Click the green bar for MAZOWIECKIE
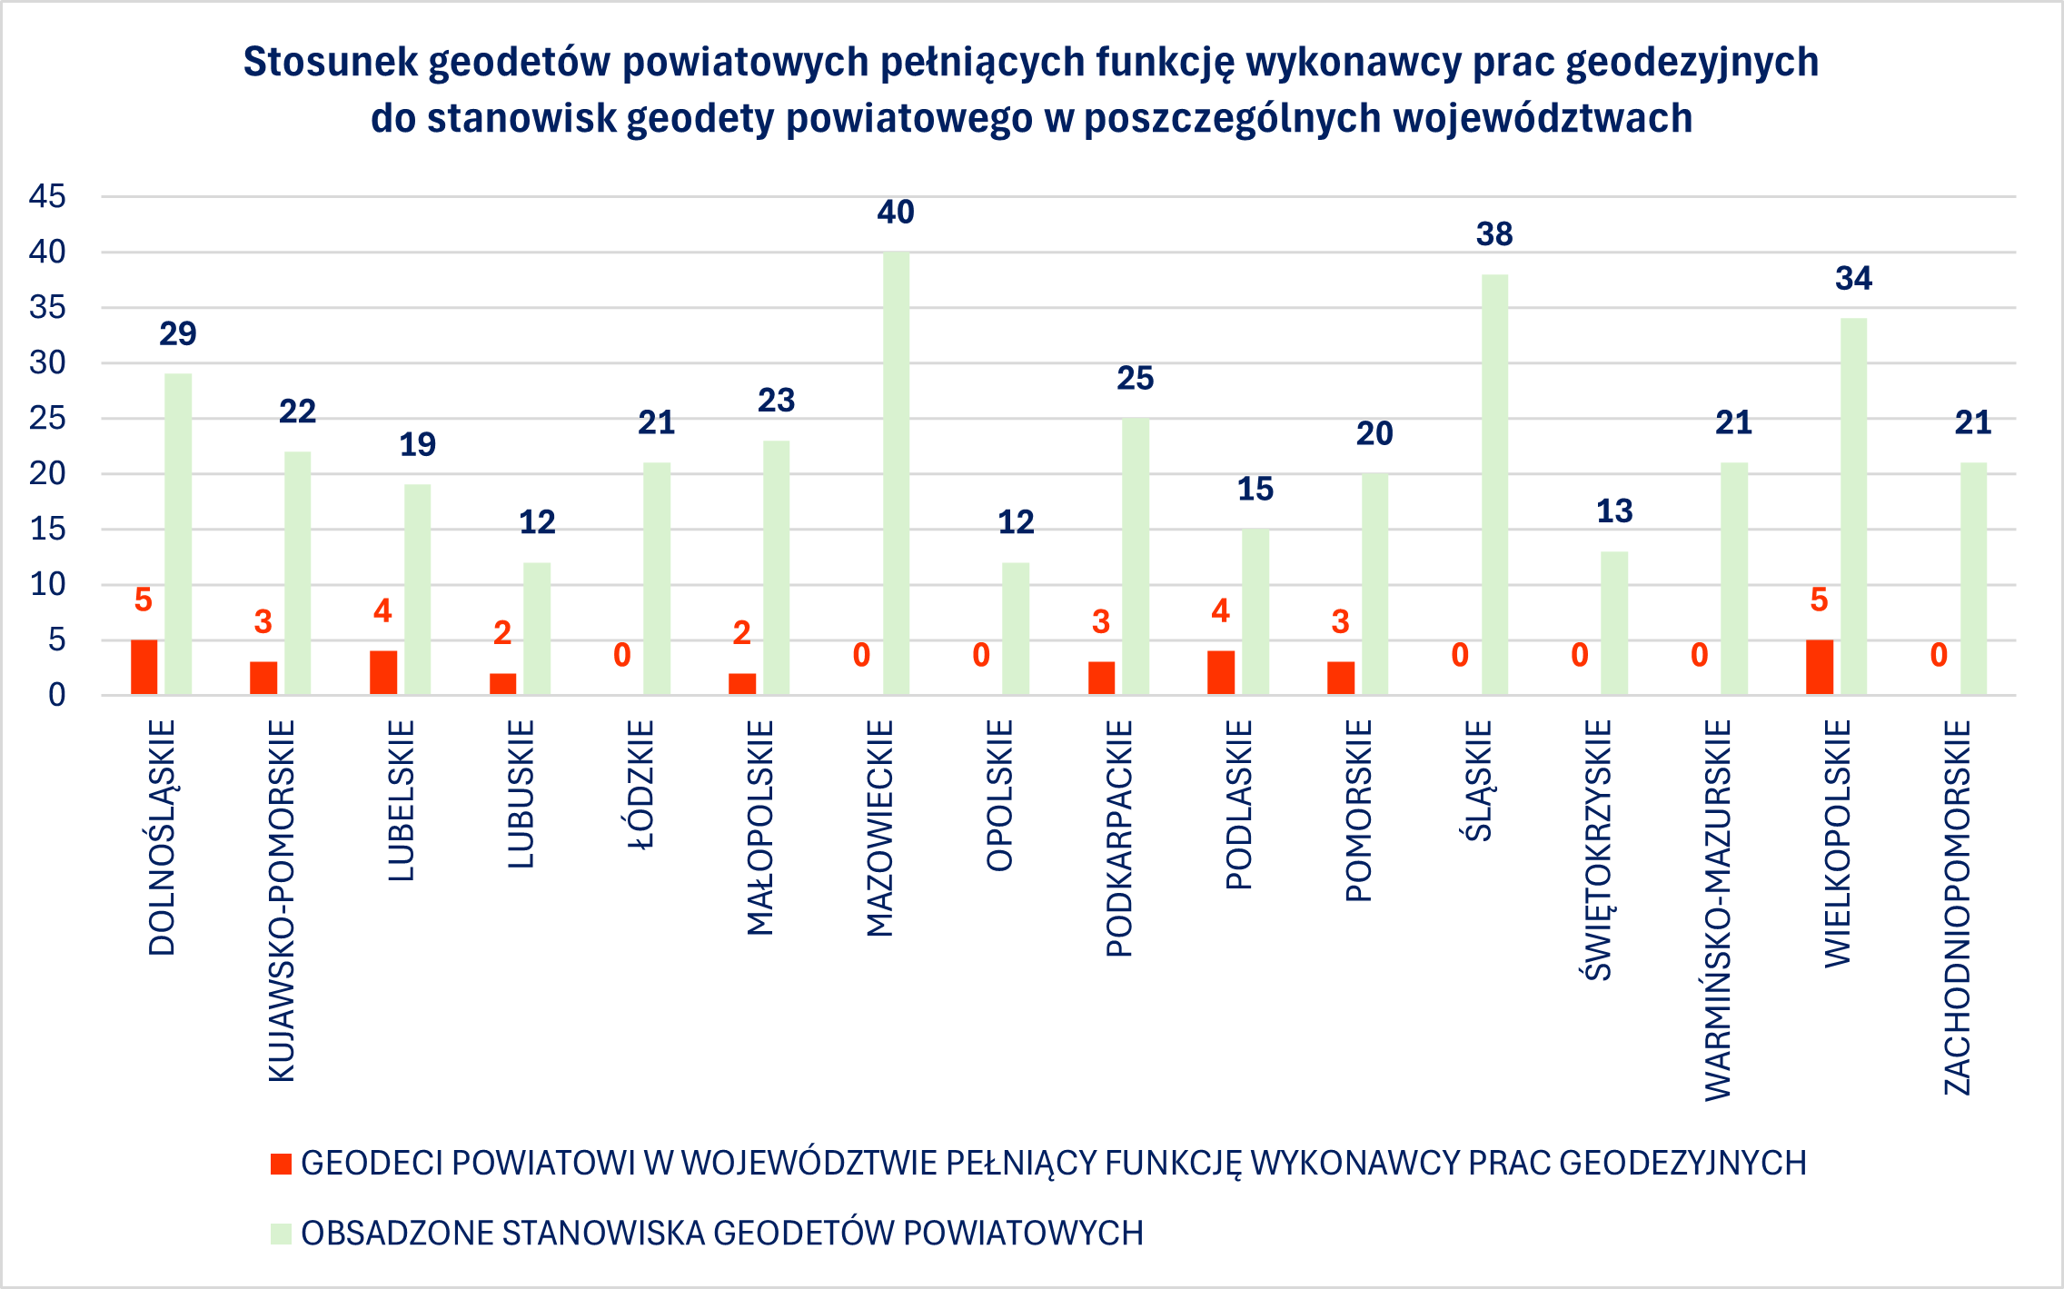pyautogui.click(x=896, y=472)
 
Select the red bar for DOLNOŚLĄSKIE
pyautogui.click(x=144, y=668)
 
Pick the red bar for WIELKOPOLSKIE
pyautogui.click(x=1819, y=668)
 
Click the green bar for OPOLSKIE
pyautogui.click(x=1016, y=629)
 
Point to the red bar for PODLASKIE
pyautogui.click(x=1220, y=672)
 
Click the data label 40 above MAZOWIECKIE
pyautogui.click(x=896, y=213)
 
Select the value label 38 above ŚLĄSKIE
pyautogui.click(x=1494, y=234)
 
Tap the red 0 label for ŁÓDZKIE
pyautogui.click(x=621, y=655)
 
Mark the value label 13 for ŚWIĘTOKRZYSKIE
pyautogui.click(x=1614, y=511)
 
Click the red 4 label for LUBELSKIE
pyautogui.click(x=382, y=611)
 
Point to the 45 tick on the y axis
pyautogui.click(x=47, y=196)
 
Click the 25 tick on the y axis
pyautogui.click(x=47, y=418)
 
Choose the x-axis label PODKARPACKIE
pyautogui.click(x=1119, y=838)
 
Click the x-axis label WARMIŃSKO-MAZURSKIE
pyautogui.click(x=1718, y=909)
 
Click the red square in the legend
pyautogui.click(x=281, y=1164)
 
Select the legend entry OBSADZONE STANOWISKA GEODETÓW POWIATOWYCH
pyautogui.click(x=721, y=1234)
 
